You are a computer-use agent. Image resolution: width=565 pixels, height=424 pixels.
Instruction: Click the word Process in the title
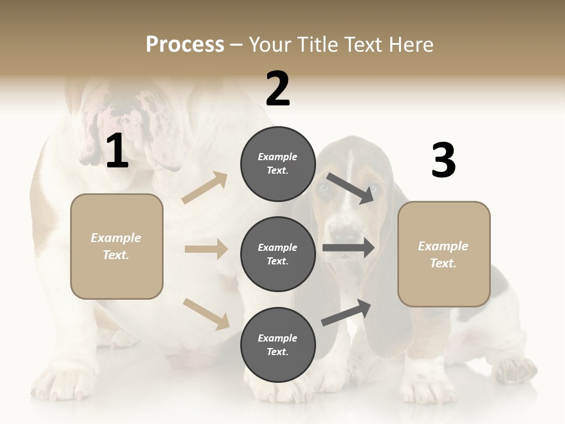(185, 44)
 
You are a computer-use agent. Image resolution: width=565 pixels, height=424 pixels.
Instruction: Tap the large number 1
(117, 151)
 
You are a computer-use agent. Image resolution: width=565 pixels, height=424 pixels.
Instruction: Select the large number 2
(278, 88)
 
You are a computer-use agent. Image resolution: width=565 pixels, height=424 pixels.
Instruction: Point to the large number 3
(443, 161)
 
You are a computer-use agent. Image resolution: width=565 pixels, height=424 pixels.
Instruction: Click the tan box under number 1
(117, 246)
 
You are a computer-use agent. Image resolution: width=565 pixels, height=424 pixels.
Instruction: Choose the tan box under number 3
(444, 254)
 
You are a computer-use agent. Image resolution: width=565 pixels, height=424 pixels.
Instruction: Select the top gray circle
(278, 164)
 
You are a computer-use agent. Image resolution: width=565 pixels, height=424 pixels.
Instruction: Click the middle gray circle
(278, 254)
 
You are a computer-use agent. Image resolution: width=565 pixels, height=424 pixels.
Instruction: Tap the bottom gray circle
(278, 344)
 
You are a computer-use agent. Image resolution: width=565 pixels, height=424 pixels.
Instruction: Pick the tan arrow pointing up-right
(205, 187)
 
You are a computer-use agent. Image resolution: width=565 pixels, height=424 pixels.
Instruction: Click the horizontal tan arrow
(206, 249)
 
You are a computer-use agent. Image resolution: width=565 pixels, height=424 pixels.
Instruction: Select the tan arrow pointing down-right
(207, 313)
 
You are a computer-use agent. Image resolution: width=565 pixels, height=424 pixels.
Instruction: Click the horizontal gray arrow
(348, 248)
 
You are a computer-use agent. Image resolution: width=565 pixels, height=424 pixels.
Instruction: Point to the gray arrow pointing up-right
(347, 312)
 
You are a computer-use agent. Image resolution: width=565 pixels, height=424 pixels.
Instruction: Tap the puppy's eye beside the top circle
(324, 188)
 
